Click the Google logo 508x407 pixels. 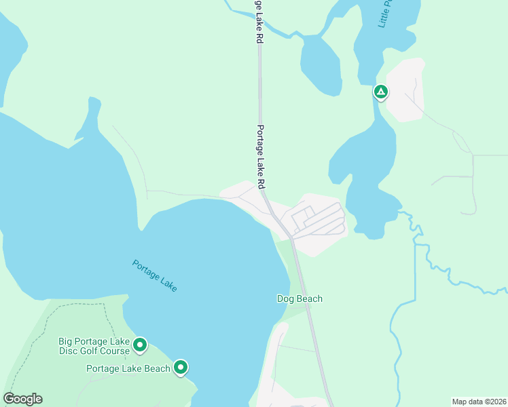point(22,399)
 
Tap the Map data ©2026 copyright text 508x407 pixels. point(479,401)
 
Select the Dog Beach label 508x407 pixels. point(300,298)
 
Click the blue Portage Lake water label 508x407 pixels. point(155,275)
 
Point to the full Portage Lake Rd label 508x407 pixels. point(260,157)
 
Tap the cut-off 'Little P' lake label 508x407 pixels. point(385,14)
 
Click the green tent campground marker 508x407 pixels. point(381,92)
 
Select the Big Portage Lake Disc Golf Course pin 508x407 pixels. point(140,345)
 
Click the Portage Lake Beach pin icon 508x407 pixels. point(181,367)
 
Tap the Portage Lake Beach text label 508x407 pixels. point(128,368)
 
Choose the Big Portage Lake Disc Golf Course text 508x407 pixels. point(94,346)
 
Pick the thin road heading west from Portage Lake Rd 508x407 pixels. point(183,194)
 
